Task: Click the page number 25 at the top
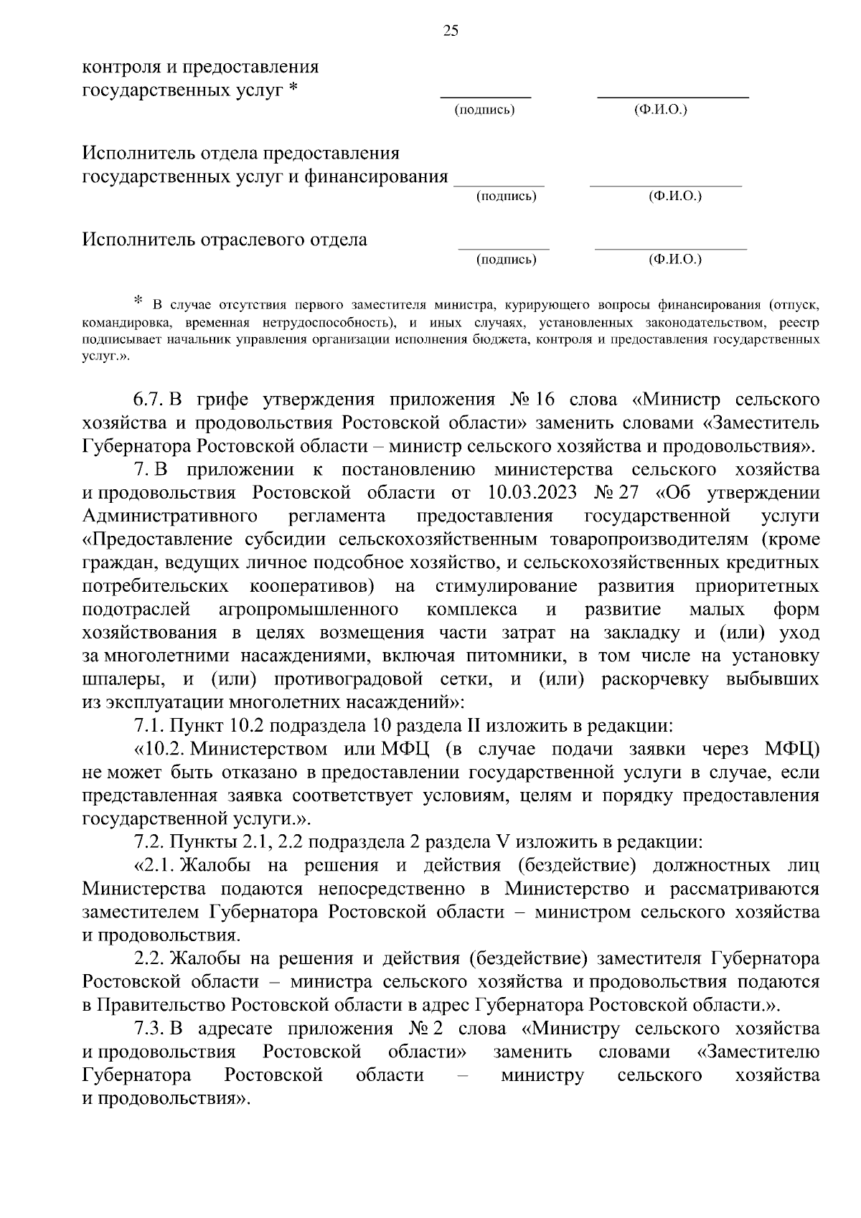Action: click(x=451, y=30)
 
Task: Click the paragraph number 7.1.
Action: click(x=149, y=726)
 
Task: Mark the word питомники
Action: click(x=521, y=656)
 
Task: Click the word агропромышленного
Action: click(x=308, y=610)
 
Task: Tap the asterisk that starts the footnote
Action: click(x=138, y=300)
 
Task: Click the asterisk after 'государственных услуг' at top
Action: click(x=292, y=91)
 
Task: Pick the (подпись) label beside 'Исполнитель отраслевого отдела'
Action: click(x=506, y=260)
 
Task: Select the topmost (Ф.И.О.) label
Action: click(x=660, y=110)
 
